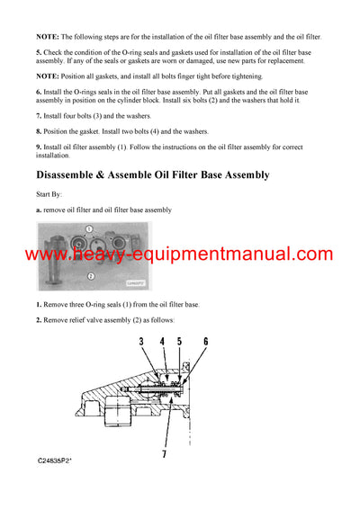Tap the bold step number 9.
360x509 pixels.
tap(40, 146)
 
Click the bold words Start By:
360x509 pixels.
tap(51, 194)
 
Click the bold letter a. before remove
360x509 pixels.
tap(40, 210)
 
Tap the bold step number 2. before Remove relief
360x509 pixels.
tap(40, 320)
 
